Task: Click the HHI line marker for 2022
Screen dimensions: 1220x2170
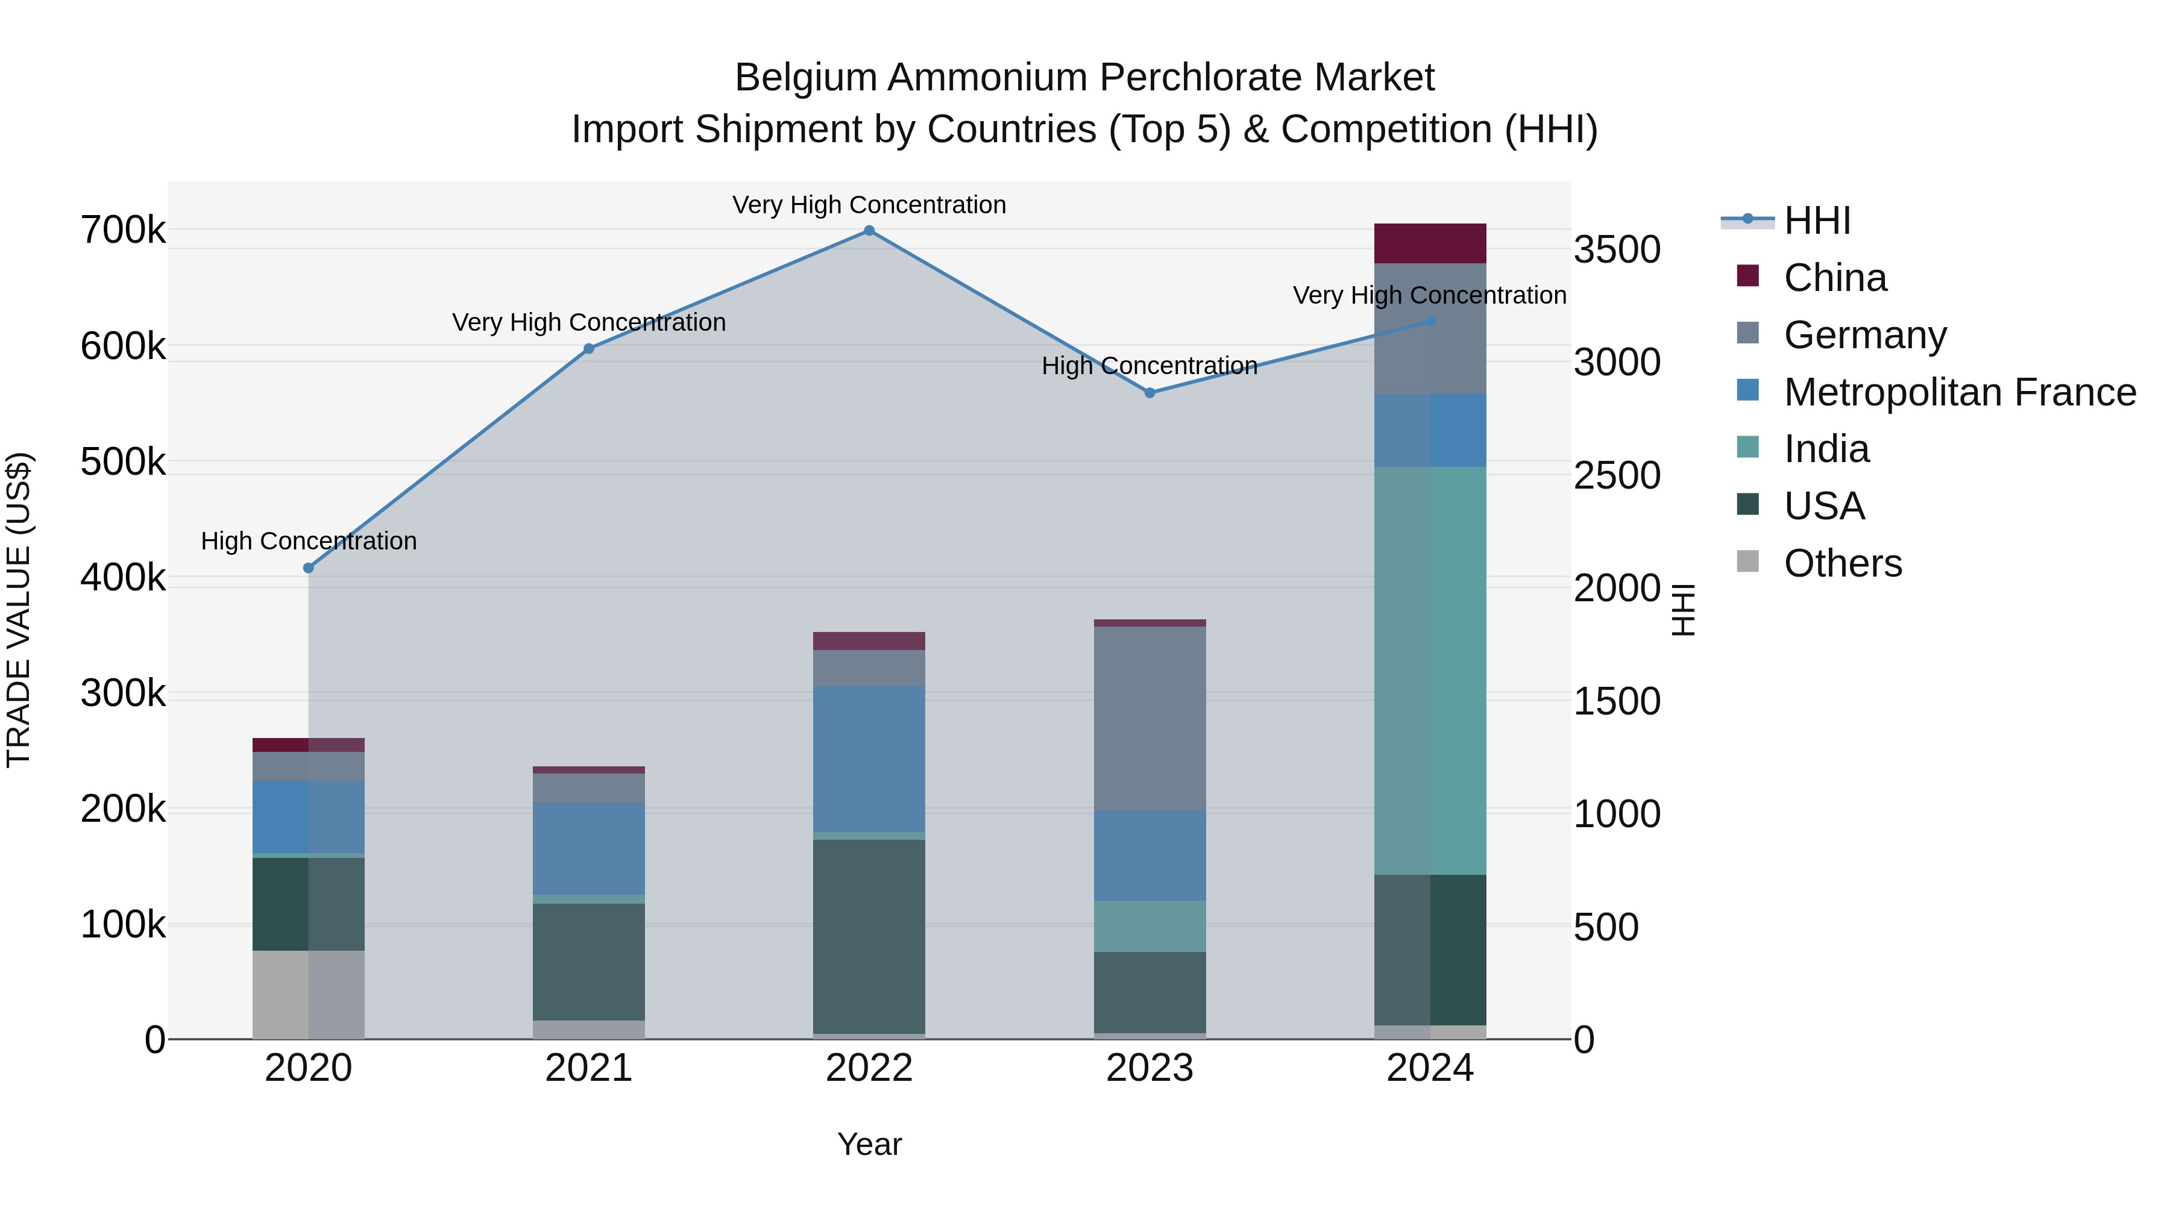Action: coord(869,231)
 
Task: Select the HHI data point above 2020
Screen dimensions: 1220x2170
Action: coord(308,568)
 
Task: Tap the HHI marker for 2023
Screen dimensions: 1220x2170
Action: coord(1150,393)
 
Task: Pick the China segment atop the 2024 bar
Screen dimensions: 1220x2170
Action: coord(1430,243)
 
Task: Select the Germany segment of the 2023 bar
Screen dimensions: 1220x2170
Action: coord(1150,718)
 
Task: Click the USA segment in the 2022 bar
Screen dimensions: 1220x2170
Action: coord(869,936)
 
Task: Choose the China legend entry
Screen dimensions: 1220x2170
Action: coord(1835,278)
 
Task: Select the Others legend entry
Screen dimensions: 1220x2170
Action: coord(1842,563)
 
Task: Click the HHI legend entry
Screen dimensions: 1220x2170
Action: coord(1817,221)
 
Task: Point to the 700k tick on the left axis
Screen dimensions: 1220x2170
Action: coord(123,231)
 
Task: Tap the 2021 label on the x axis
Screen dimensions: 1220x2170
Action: coord(589,1068)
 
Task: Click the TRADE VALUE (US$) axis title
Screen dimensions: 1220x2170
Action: coord(19,610)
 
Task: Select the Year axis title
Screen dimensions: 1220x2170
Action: coord(869,1144)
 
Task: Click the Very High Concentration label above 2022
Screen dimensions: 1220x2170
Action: coord(869,205)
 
